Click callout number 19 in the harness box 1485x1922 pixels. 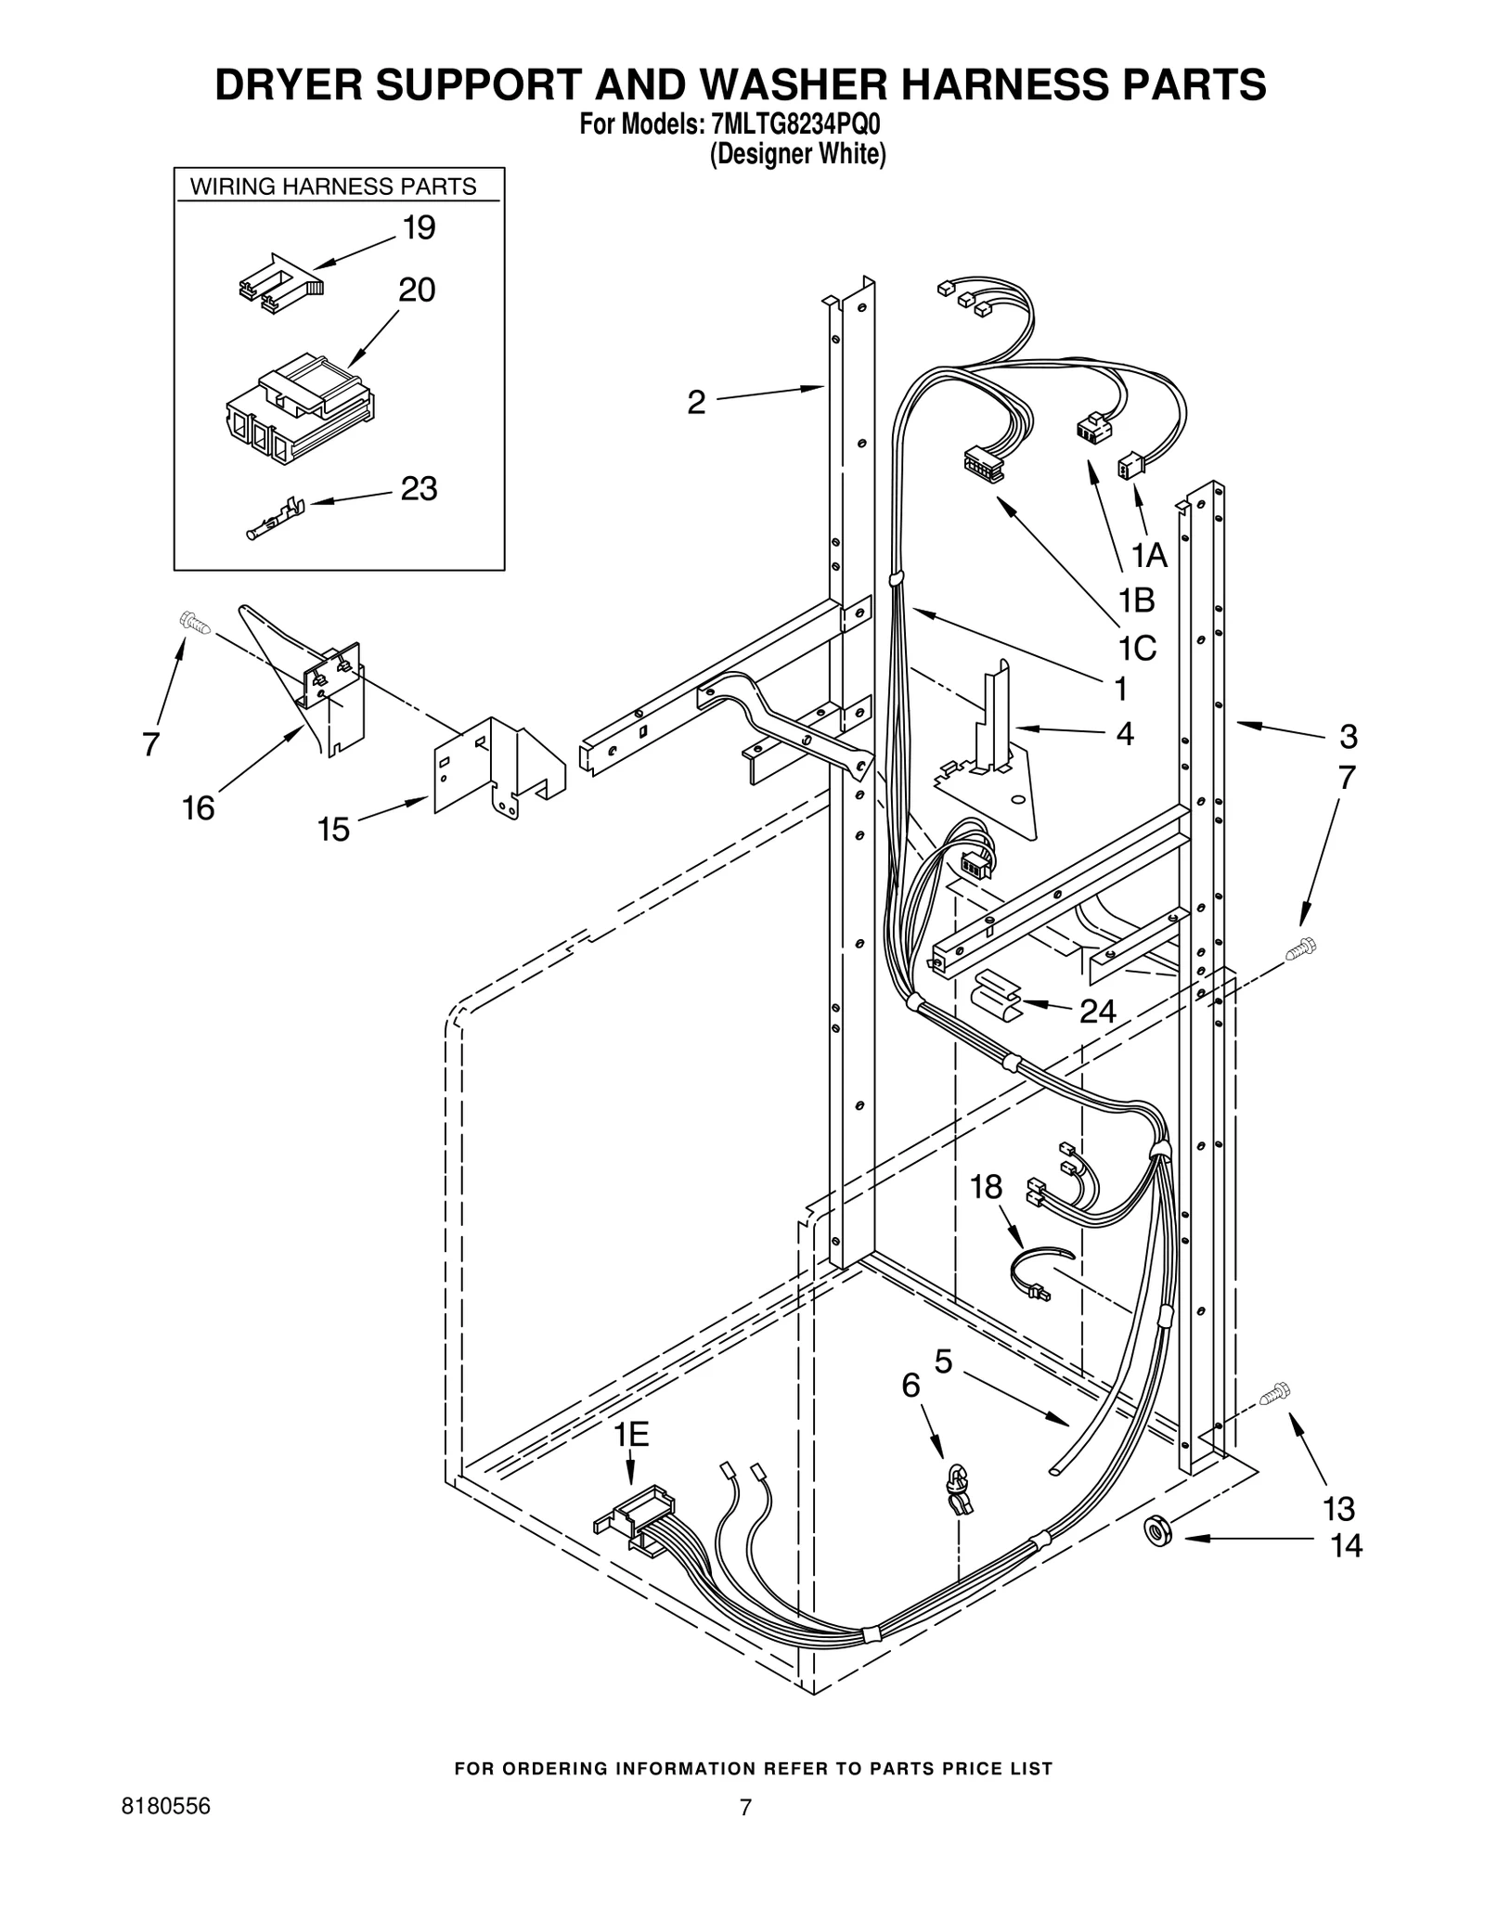click(420, 227)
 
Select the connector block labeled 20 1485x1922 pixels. click(300, 409)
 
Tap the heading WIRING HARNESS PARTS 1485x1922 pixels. click(333, 187)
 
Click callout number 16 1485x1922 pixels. click(198, 808)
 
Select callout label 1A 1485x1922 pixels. click(1147, 555)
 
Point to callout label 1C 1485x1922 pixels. click(1136, 648)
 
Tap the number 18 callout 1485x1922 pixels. click(987, 1186)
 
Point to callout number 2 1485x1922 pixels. click(696, 402)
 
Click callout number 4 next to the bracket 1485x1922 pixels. click(1124, 734)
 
